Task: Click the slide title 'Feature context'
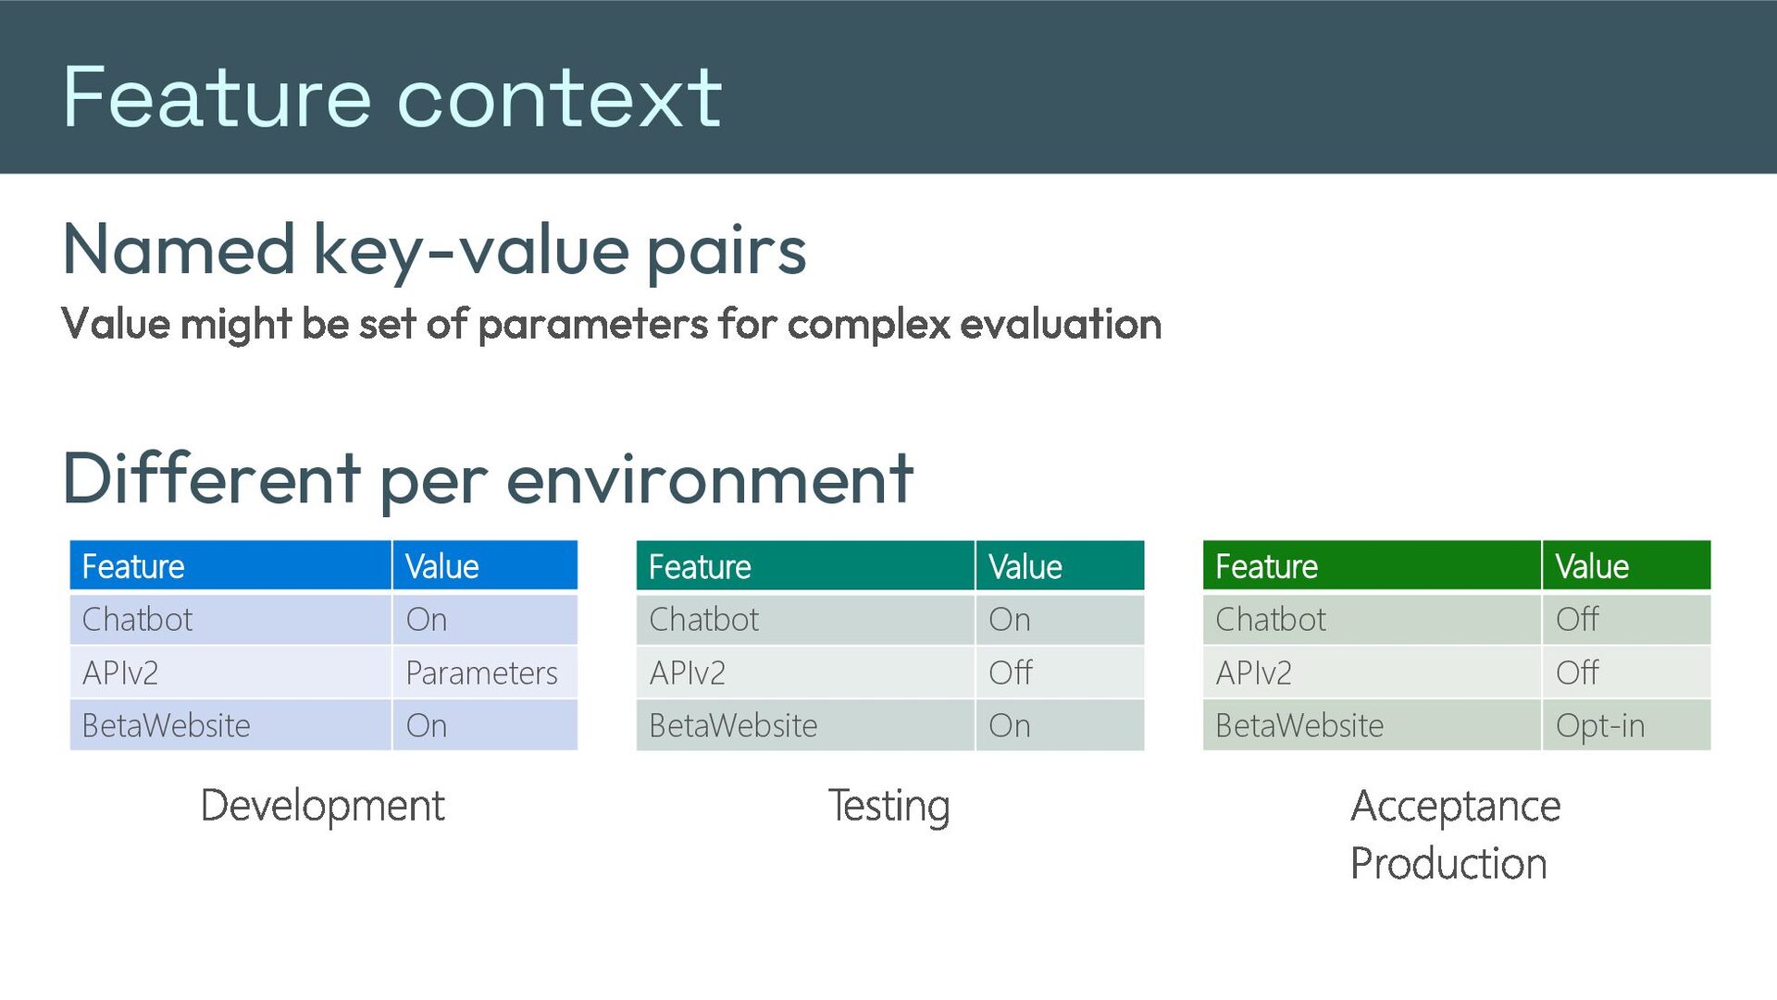tap(391, 97)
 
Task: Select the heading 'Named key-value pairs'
tap(434, 250)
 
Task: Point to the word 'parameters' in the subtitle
tap(592, 325)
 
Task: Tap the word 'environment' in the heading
tap(710, 478)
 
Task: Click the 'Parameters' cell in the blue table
tap(481, 673)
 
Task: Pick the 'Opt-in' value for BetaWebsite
tap(1600, 726)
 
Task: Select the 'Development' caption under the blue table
tap(323, 805)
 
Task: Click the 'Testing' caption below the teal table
tap(888, 806)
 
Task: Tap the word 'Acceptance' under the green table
tap(1456, 806)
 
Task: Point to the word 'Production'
tap(1448, 863)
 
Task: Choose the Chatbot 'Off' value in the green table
tap(1577, 619)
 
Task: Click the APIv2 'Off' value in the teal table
tap(1011, 673)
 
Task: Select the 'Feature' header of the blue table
tap(133, 566)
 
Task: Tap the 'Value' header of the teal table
tap(1025, 566)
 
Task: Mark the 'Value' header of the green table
tap(1592, 566)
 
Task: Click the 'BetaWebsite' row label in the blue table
tap(167, 725)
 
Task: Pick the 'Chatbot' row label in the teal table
tap(703, 619)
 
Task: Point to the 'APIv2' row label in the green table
tap(1253, 673)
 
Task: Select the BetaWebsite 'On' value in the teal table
tap(1009, 725)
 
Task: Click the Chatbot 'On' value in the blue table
tap(426, 619)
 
